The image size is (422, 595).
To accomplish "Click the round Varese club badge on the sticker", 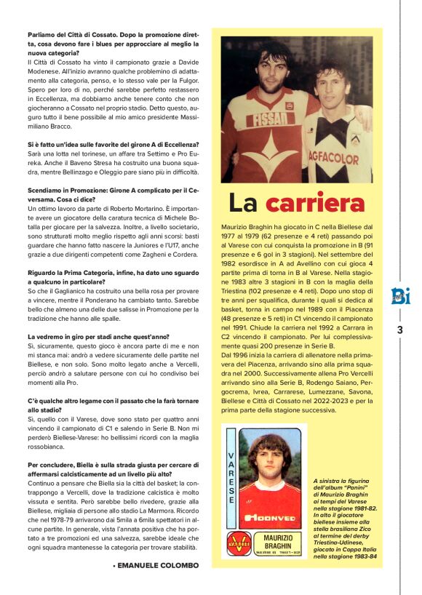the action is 231,543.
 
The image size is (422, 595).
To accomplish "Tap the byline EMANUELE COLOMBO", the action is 151,564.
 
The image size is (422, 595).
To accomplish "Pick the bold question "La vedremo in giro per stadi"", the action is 97,337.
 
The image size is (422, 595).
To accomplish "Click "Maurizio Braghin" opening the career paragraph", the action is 245,228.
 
